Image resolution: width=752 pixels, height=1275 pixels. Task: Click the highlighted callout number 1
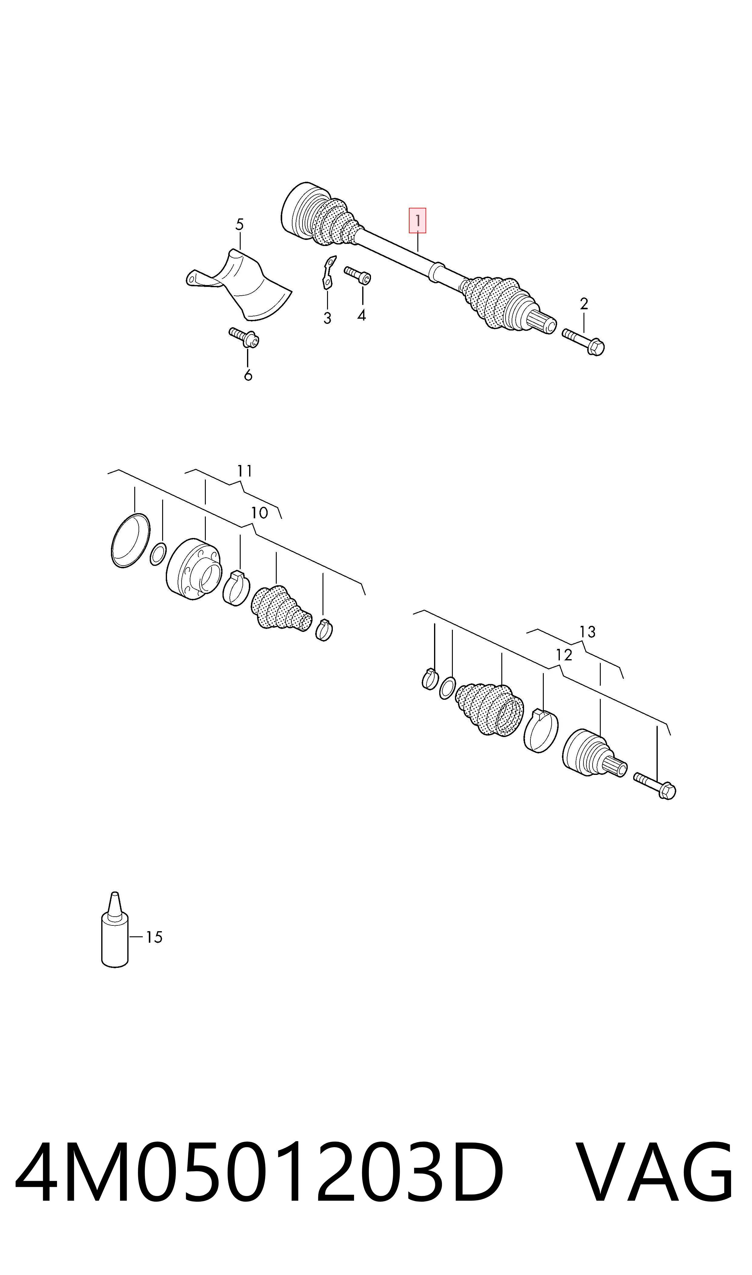[x=418, y=221]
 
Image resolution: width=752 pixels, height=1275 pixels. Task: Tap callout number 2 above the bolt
[x=584, y=304]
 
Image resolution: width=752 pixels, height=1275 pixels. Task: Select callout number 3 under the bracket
[x=327, y=318]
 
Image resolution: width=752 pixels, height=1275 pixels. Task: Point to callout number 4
[x=361, y=315]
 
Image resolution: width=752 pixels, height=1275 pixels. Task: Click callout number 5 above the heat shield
[x=240, y=224]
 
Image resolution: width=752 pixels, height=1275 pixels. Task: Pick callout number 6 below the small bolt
[x=248, y=375]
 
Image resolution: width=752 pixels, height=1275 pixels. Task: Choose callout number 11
[x=244, y=471]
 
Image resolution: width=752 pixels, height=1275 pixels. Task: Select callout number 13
[x=587, y=632]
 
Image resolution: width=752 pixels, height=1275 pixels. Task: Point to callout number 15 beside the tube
[x=154, y=937]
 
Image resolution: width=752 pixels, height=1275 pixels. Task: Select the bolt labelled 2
[x=583, y=342]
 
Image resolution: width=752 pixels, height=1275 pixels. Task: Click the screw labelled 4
[x=358, y=275]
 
